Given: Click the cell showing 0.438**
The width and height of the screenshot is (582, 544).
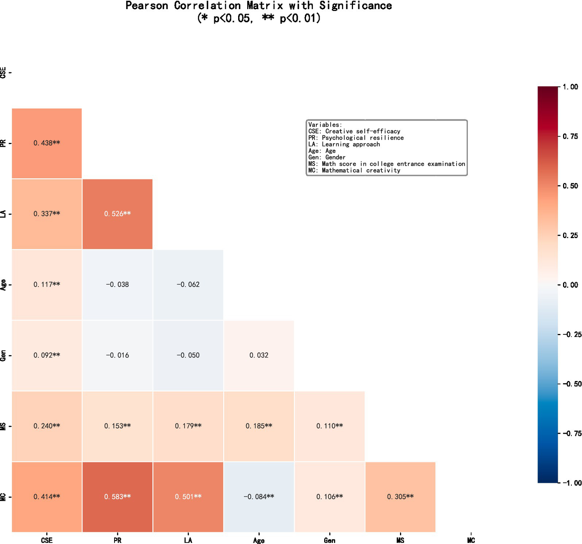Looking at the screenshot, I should pos(47,143).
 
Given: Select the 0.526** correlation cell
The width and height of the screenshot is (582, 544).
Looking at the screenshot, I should pos(118,214).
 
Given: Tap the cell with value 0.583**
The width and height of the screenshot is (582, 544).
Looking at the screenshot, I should pos(118,497).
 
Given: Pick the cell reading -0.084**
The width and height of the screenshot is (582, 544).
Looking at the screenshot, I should pos(259,497).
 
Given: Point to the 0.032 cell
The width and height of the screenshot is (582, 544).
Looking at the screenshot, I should pos(259,355).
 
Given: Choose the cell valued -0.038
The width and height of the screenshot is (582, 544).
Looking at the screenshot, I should pos(118,284).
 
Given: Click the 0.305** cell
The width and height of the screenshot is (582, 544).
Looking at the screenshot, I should pos(400,497).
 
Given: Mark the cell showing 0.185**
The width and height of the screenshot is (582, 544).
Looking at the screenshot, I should pos(259,426).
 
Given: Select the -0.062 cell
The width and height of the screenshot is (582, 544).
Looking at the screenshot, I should pos(188,284).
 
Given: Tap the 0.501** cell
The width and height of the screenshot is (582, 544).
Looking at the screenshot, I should pos(188,497).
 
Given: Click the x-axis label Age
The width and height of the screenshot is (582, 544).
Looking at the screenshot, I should pos(259,540).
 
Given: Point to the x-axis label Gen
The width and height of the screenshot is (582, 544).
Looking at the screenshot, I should pos(329,540).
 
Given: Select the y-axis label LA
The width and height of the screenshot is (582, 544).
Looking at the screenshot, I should pos(3,214).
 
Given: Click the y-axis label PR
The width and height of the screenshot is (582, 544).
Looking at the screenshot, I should pos(3,143).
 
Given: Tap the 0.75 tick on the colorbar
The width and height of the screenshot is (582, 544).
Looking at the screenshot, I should pos(570,136).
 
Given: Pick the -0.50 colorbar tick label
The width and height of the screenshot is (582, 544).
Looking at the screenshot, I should pos(572,384).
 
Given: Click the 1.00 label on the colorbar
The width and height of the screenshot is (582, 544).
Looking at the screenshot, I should pos(570,87).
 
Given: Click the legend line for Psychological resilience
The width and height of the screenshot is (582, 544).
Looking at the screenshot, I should pos(356,138).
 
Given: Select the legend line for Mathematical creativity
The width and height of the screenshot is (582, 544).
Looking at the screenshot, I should pos(354,170).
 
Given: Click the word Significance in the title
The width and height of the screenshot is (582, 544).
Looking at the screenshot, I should pos(356,6).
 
